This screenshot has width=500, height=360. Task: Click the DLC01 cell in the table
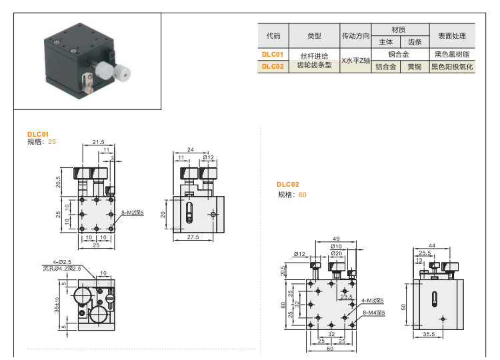(x=273, y=54)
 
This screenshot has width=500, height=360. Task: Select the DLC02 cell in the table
(x=273, y=66)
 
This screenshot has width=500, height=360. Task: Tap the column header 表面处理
(x=451, y=36)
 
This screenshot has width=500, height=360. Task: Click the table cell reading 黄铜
(x=414, y=67)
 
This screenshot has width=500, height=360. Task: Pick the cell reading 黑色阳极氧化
(x=451, y=67)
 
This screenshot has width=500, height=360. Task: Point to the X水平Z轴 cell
(x=355, y=61)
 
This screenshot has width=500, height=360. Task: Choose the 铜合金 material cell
(x=399, y=54)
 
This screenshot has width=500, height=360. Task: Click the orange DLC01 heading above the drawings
(x=38, y=134)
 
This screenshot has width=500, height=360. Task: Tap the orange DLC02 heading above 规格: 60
(x=288, y=185)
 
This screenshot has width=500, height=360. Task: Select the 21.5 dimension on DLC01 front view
(x=99, y=142)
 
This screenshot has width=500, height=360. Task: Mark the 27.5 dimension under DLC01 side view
(x=194, y=237)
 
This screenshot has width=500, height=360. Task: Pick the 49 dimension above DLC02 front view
(x=336, y=238)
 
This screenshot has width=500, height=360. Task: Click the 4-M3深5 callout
(x=373, y=301)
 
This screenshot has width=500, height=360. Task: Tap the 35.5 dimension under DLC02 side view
(x=428, y=335)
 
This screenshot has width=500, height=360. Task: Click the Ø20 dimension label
(x=337, y=253)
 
